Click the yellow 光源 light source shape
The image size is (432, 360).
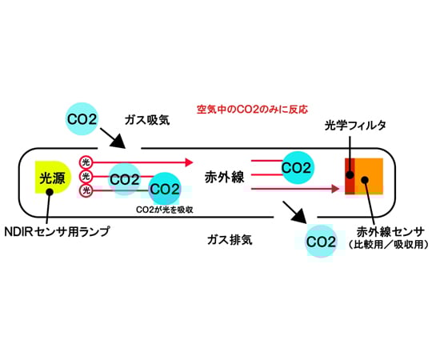pyautogui.click(x=50, y=180)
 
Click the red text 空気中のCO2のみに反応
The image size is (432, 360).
pyautogui.click(x=252, y=107)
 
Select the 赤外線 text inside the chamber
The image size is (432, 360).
pyautogui.click(x=224, y=178)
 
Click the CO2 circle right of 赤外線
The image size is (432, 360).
pyautogui.click(x=296, y=169)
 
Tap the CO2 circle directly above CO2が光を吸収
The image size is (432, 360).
pyautogui.click(x=165, y=189)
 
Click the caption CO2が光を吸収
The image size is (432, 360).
pyautogui.click(x=166, y=210)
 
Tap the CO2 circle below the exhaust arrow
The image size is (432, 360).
pyautogui.click(x=322, y=240)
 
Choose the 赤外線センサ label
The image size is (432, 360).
pyautogui.click(x=388, y=233)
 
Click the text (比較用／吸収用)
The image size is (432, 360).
pyautogui.click(x=388, y=245)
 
